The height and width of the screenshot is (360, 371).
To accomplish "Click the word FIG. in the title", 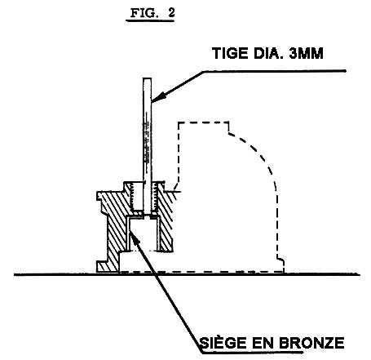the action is click(144, 13).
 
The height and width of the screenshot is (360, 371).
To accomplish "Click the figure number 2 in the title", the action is click(171, 12).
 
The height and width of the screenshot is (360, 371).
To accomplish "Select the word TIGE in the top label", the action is click(230, 53).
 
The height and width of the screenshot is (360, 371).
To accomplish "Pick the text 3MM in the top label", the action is click(306, 53).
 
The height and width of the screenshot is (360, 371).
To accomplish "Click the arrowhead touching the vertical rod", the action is click(158, 98).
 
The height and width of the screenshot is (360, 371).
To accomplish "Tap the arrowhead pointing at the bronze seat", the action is click(135, 237).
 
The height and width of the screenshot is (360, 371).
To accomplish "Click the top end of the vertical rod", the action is click(147, 78).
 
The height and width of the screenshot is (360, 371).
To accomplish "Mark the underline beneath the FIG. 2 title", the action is click(150, 20).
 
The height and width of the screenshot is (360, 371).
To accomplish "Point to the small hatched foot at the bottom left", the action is click(103, 266).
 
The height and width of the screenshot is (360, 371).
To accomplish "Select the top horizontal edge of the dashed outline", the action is click(203, 122).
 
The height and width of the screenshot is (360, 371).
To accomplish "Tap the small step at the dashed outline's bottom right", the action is click(280, 262).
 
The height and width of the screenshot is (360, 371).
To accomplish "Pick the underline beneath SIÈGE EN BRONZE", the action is click(252, 352).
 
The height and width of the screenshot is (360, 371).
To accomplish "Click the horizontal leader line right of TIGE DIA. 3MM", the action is click(275, 71).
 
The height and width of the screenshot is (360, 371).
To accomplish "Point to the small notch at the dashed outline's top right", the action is click(228, 128).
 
